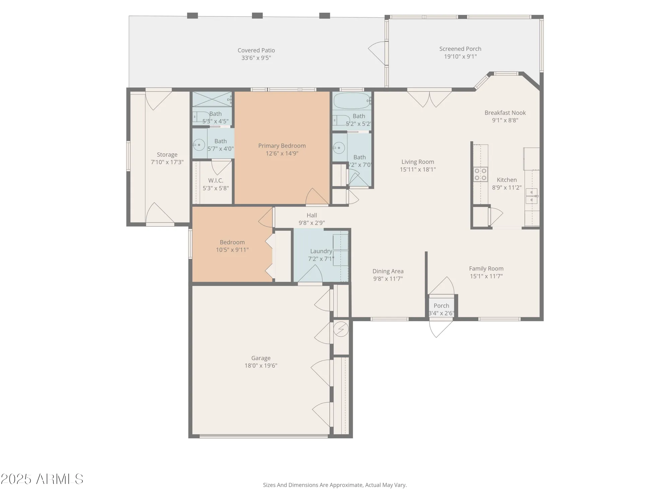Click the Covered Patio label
tap(256, 50)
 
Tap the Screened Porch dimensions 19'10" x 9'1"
tap(460, 57)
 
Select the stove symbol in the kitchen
tap(480, 174)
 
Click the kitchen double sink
tap(531, 196)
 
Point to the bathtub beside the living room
tap(352, 101)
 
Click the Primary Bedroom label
tap(282, 146)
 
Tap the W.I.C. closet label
tap(216, 180)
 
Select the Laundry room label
tap(321, 251)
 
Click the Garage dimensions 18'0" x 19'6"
tap(261, 365)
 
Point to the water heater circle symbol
tap(341, 329)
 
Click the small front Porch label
tap(441, 306)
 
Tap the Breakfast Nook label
tap(505, 113)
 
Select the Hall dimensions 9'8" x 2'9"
tap(312, 223)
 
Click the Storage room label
tap(167, 155)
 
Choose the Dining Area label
tap(388, 271)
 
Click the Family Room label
tap(486, 268)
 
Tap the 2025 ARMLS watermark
tap(42, 479)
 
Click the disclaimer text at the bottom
tap(335, 485)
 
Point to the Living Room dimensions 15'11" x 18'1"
tap(417, 170)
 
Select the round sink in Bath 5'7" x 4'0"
tap(199, 145)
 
